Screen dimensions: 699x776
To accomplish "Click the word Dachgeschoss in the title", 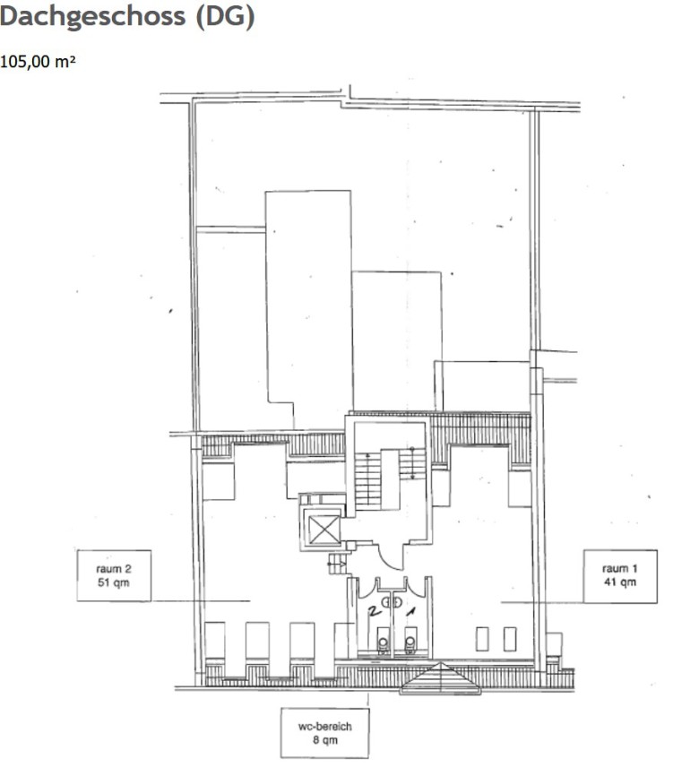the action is click(92, 17).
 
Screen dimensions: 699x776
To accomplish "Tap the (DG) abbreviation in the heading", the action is click(226, 17).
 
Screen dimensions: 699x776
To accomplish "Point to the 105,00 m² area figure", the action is click(38, 62).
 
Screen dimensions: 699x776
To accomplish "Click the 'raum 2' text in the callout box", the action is click(114, 569).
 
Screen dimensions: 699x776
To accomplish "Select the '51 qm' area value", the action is click(114, 582).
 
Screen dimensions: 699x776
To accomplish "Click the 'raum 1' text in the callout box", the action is click(620, 569).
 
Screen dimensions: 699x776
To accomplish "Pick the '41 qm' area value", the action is click(620, 582).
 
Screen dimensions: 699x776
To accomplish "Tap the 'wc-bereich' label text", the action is click(324, 727).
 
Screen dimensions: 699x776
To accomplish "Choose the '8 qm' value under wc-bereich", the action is click(325, 740).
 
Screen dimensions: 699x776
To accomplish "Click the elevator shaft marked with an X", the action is click(324, 530).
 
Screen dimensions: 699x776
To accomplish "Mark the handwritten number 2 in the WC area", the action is click(375, 612).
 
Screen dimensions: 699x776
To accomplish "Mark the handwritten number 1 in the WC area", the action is click(410, 612).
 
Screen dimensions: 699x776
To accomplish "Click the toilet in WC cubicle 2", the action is click(383, 642).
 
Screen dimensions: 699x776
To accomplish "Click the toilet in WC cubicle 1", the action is click(410, 642).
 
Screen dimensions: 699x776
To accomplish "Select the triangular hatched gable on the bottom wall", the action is click(440, 678).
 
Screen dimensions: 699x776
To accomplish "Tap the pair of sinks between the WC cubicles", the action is click(393, 602).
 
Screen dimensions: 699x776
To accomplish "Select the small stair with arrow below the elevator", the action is click(338, 564).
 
